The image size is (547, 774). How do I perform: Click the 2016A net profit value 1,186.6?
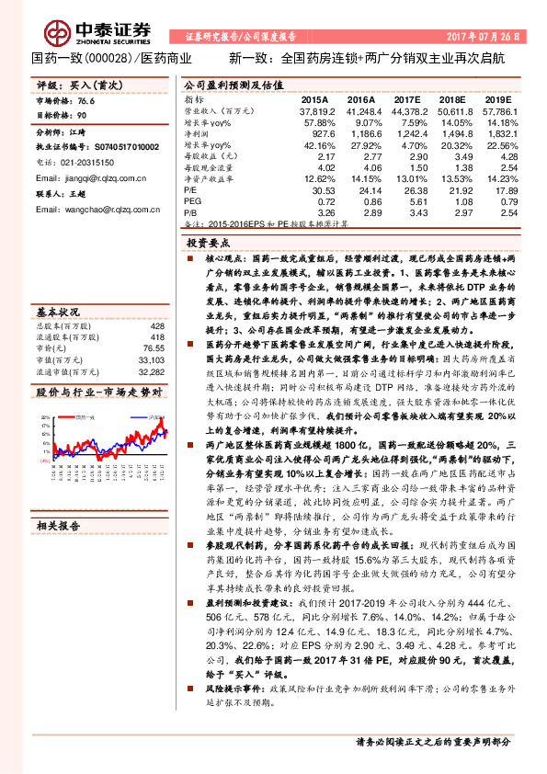pyautogui.click(x=359, y=132)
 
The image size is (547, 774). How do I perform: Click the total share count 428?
pyautogui.click(x=156, y=326)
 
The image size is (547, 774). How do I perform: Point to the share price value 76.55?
pyautogui.click(x=153, y=349)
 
